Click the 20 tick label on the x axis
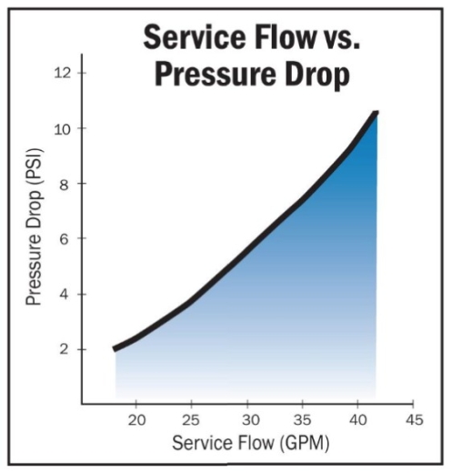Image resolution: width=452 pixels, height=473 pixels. coord(136,420)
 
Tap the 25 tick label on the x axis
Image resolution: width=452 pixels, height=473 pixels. coord(192,420)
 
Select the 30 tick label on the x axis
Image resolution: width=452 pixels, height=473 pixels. coord(247,420)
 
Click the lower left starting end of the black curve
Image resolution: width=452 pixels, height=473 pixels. coord(116,348)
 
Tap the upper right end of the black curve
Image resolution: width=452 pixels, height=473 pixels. coord(375,114)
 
